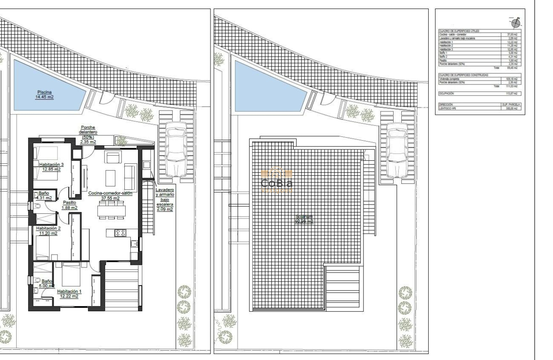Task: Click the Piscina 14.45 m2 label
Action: pos(44,94)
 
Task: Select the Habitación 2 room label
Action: pos(48,231)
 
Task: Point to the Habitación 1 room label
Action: pos(68,293)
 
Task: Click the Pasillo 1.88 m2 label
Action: pos(69,205)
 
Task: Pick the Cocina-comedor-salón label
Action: pos(110,195)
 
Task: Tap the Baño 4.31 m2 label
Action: pos(44,195)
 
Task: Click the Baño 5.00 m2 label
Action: pos(45,283)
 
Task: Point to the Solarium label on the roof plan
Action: pos(304,219)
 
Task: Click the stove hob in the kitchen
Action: pos(120,233)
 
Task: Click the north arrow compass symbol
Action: pos(516,23)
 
